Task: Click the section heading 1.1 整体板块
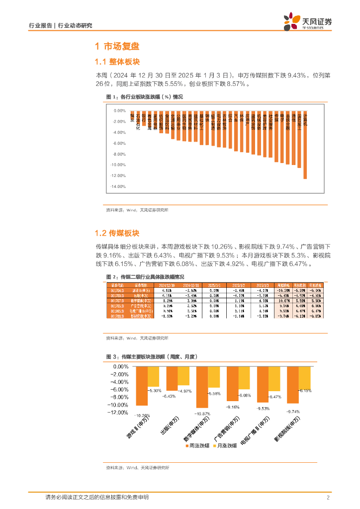(x=117, y=62)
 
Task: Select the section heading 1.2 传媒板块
(x=117, y=233)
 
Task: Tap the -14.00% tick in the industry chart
(x=118, y=186)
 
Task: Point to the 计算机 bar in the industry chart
(x=305, y=144)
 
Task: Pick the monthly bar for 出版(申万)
(x=183, y=376)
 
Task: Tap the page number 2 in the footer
(x=328, y=498)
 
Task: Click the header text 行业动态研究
(x=75, y=25)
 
